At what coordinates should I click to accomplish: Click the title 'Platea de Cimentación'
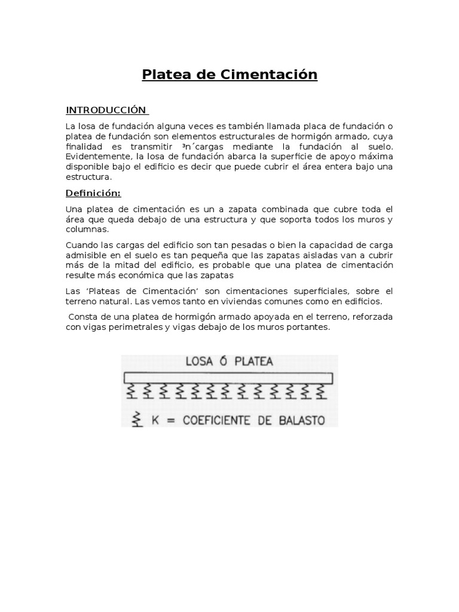tap(229, 75)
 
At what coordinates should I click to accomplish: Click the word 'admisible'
tap(84, 256)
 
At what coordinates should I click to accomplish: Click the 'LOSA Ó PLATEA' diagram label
tap(229, 362)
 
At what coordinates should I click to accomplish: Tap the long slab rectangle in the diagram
tap(228, 378)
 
